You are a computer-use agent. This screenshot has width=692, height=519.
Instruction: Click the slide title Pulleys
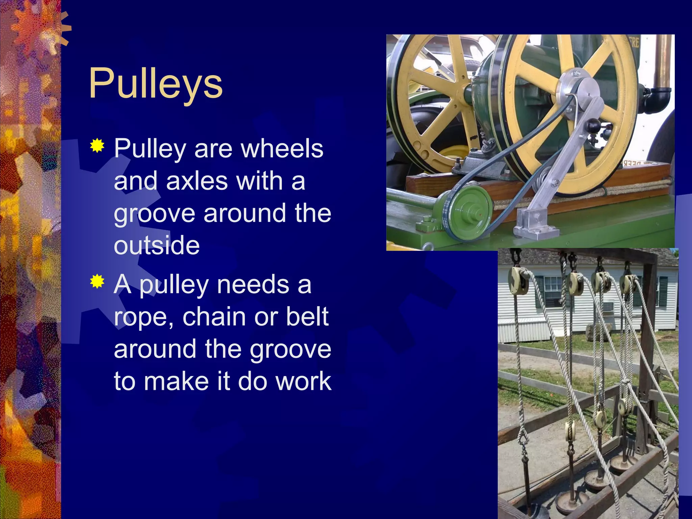[x=155, y=84]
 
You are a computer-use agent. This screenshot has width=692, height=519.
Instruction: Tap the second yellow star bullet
[x=97, y=281]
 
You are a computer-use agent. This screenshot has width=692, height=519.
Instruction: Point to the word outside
[x=157, y=245]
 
